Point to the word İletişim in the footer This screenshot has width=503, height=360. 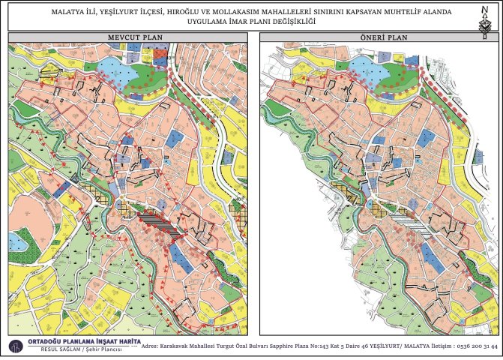(x=436, y=347)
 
